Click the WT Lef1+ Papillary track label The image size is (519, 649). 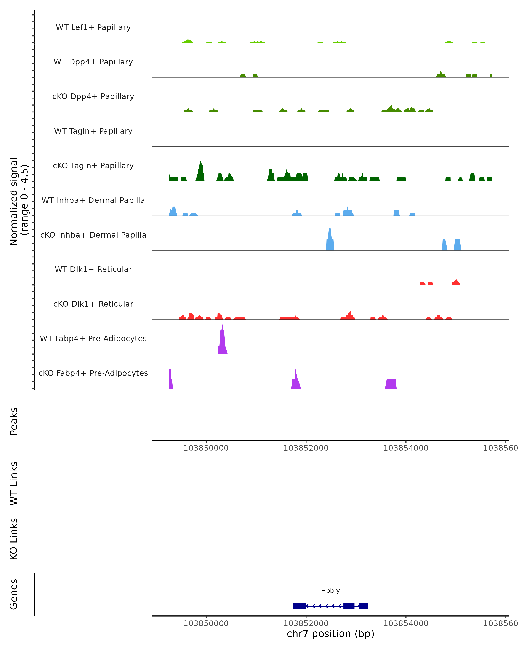point(93,27)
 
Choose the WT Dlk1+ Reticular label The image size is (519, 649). point(93,269)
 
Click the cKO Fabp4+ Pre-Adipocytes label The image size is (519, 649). point(93,373)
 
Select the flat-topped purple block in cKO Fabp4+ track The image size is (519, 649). point(391,384)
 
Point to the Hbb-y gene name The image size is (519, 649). point(330,591)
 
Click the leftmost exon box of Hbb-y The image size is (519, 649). point(300,606)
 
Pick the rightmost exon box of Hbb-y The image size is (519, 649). point(364,606)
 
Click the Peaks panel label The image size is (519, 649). point(14,421)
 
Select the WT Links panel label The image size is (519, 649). point(14,484)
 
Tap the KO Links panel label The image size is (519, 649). point(14,539)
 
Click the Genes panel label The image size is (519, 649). point(14,594)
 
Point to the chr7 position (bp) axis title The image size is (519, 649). point(330,634)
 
